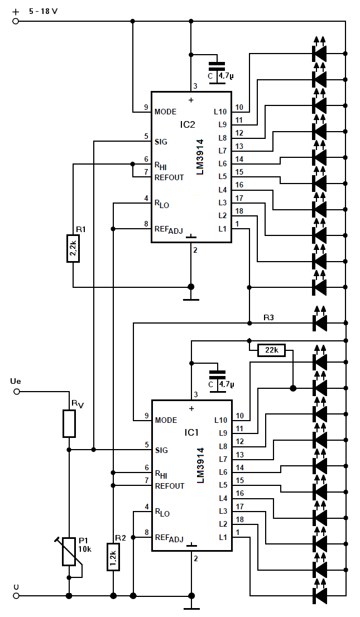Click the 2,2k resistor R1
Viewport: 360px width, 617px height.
pos(73,249)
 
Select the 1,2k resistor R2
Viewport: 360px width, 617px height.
pos(113,556)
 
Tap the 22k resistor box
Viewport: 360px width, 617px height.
pos(272,350)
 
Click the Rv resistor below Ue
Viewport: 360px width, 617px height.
pos(69,423)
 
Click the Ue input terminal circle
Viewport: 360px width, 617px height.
pos(16,392)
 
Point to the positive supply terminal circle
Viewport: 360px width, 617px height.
pos(16,21)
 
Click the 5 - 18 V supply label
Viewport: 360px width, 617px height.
pos(44,11)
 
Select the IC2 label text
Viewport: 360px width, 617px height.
pos(188,124)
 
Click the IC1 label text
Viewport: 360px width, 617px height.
pos(191,432)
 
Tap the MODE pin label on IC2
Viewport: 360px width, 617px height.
pos(165,112)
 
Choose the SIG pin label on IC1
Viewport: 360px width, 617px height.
pos(161,450)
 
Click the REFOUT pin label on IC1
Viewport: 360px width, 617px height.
pos(169,486)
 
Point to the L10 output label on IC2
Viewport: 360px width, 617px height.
pos(220,112)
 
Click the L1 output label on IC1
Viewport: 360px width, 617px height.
pos(223,537)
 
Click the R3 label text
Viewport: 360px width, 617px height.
pos(268,317)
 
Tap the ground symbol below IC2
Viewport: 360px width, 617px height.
pos(191,293)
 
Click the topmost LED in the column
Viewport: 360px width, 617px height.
pos(319,49)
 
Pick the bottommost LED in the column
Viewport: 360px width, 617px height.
pos(319,591)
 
